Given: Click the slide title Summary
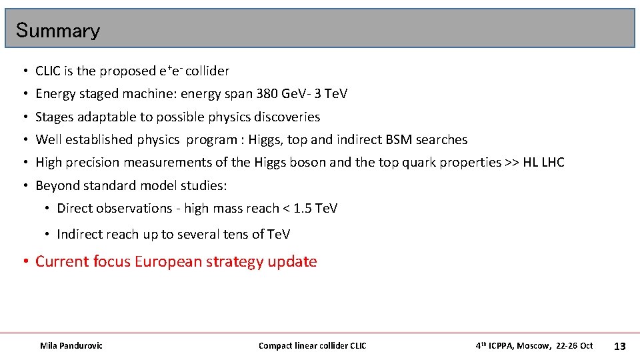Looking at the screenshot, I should coord(57,31).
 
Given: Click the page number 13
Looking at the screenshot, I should coord(619,346).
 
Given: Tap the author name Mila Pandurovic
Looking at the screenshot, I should coord(71,345).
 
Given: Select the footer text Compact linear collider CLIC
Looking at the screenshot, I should coord(312,345).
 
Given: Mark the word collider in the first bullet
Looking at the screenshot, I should coord(207,71).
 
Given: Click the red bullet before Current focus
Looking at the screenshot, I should coord(25,261).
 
